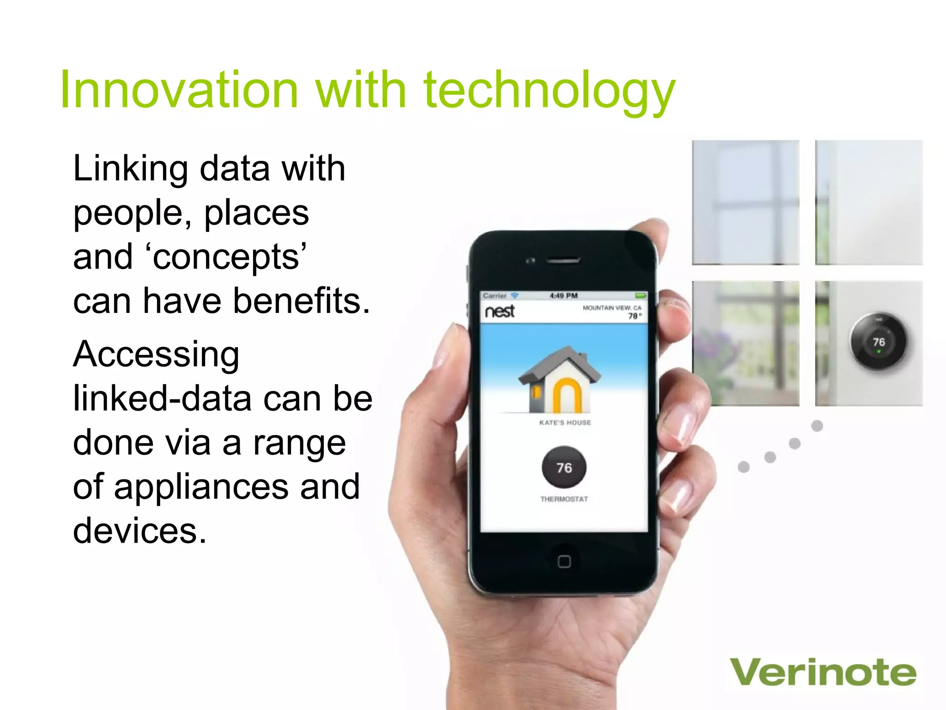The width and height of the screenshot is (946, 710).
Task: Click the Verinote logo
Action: click(x=823, y=673)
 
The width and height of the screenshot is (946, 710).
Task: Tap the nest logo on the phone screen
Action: click(x=499, y=311)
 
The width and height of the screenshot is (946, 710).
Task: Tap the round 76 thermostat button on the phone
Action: click(x=564, y=467)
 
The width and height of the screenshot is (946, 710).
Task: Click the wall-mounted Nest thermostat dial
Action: click(x=878, y=343)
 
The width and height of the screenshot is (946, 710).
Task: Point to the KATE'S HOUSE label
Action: click(x=565, y=422)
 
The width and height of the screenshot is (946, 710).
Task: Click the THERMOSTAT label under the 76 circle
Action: click(x=564, y=499)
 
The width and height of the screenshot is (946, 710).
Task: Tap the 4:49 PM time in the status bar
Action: click(x=564, y=296)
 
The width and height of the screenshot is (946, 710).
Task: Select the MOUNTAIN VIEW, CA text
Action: click(x=612, y=308)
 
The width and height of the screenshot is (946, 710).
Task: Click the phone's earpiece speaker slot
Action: click(x=563, y=261)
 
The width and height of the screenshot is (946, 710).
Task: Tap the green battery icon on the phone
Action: click(x=640, y=295)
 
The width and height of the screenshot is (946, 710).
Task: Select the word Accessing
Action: click(x=156, y=355)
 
